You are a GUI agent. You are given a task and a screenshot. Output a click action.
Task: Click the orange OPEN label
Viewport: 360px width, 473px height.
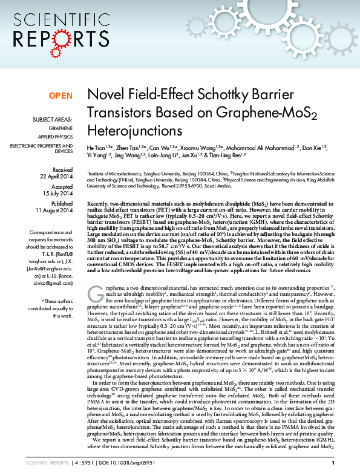pos(60,96)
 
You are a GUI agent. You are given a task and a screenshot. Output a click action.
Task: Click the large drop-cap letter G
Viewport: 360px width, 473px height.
pos(95,293)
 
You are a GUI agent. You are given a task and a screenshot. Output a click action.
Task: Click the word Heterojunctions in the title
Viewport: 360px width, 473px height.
pos(134,129)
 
